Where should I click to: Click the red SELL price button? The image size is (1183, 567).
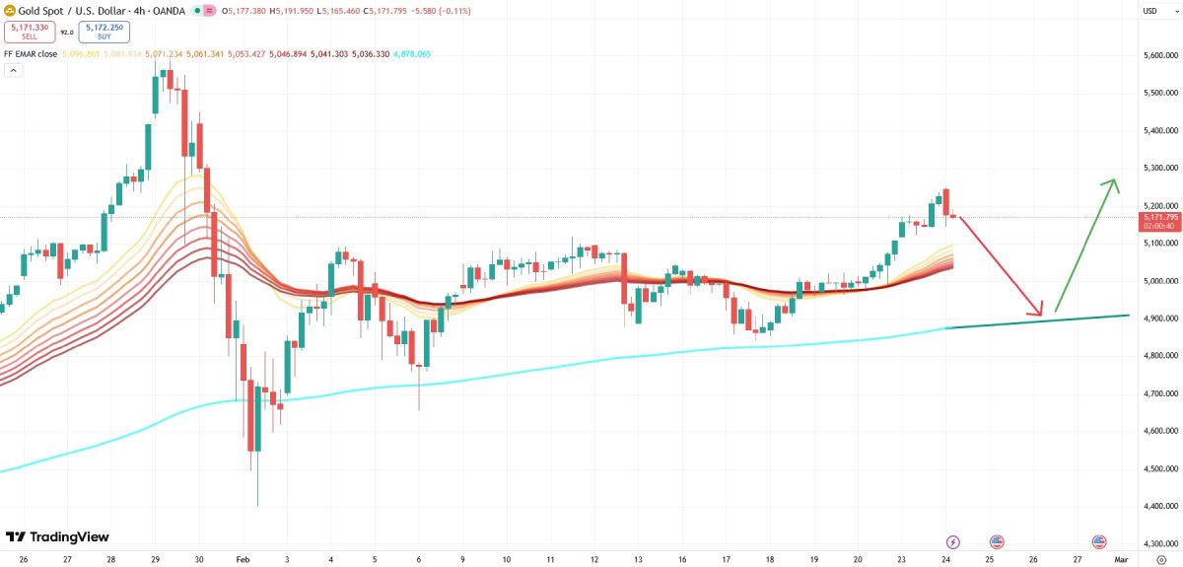23,33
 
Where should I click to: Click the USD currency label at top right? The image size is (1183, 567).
1149,11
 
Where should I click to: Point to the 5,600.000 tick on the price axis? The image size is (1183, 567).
1160,55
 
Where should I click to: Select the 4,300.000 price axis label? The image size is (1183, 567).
1160,543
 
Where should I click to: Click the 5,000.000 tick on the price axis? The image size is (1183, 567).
1160,281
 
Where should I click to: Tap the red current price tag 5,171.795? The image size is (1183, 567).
1159,217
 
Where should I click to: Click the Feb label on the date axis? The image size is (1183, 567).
244,559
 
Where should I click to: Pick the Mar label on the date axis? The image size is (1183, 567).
1121,559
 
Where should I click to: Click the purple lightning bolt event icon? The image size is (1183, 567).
953,541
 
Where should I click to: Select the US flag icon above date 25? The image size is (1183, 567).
997,541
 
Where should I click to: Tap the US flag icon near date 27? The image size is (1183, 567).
1099,541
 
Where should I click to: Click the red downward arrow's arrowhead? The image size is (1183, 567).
1041,314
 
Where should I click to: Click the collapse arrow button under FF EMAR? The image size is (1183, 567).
14,71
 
